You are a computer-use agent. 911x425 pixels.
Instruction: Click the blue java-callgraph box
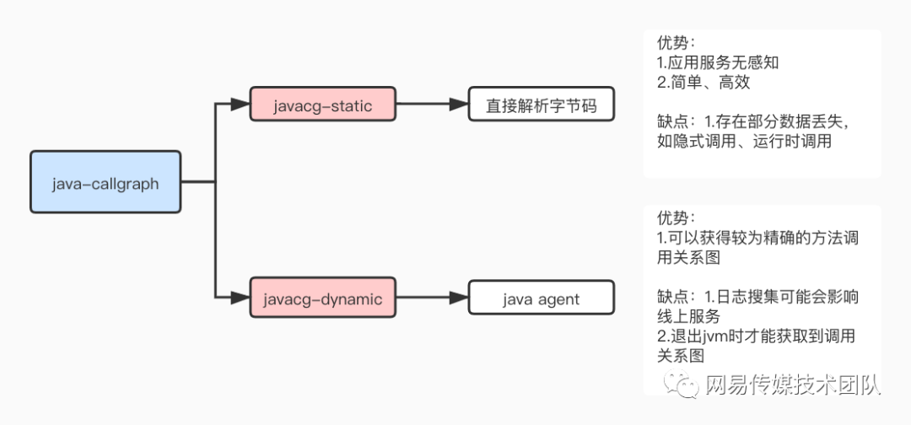[x=105, y=182]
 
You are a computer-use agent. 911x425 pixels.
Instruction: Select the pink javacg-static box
[x=323, y=105]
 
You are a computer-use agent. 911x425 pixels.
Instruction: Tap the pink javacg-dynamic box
[x=323, y=299]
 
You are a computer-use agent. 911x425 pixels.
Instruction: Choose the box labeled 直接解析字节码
[x=541, y=105]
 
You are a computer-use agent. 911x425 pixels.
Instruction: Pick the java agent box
[x=541, y=299]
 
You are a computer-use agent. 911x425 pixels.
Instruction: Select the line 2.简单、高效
[x=703, y=83]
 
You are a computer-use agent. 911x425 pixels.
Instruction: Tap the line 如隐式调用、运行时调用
[x=744, y=142]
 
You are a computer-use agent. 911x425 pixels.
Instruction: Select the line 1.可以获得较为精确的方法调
[x=757, y=239]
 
